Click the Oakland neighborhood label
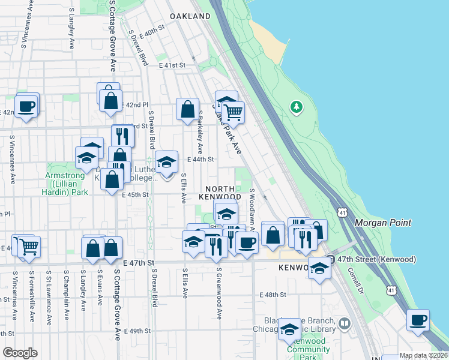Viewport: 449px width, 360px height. coord(190,17)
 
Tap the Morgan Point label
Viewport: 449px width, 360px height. coord(383,223)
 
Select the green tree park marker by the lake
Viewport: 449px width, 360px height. coord(296,107)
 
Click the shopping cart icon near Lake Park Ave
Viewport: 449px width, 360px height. coord(233,111)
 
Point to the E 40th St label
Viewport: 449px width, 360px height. coord(151,29)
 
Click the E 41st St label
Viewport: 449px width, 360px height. coord(172,65)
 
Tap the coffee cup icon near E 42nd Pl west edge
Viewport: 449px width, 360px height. coord(26,107)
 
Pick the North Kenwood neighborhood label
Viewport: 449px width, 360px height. coord(221,191)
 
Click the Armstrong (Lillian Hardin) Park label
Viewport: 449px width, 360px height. coord(67,184)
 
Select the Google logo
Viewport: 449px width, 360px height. coord(20,353)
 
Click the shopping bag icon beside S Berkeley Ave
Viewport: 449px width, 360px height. coord(187,110)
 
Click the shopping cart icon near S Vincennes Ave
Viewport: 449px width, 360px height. coord(29,245)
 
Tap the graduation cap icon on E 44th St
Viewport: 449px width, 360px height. coord(166,161)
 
